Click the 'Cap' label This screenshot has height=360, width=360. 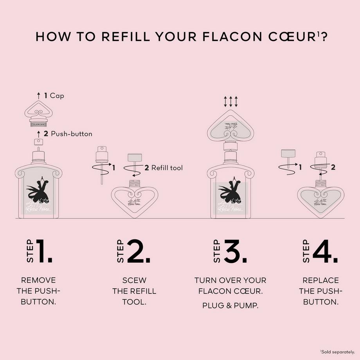click(x=57, y=95)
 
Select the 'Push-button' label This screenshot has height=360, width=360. click(x=71, y=134)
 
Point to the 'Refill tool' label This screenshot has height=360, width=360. click(x=167, y=168)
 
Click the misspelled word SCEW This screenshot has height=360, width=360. click(x=134, y=280)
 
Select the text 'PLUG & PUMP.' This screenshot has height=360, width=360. click(x=230, y=305)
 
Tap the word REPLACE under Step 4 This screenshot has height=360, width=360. click(x=320, y=280)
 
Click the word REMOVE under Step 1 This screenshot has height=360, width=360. click(x=38, y=280)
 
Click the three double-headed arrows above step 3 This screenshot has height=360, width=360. click(x=231, y=102)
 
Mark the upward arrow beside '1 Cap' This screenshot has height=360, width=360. click(x=38, y=95)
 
